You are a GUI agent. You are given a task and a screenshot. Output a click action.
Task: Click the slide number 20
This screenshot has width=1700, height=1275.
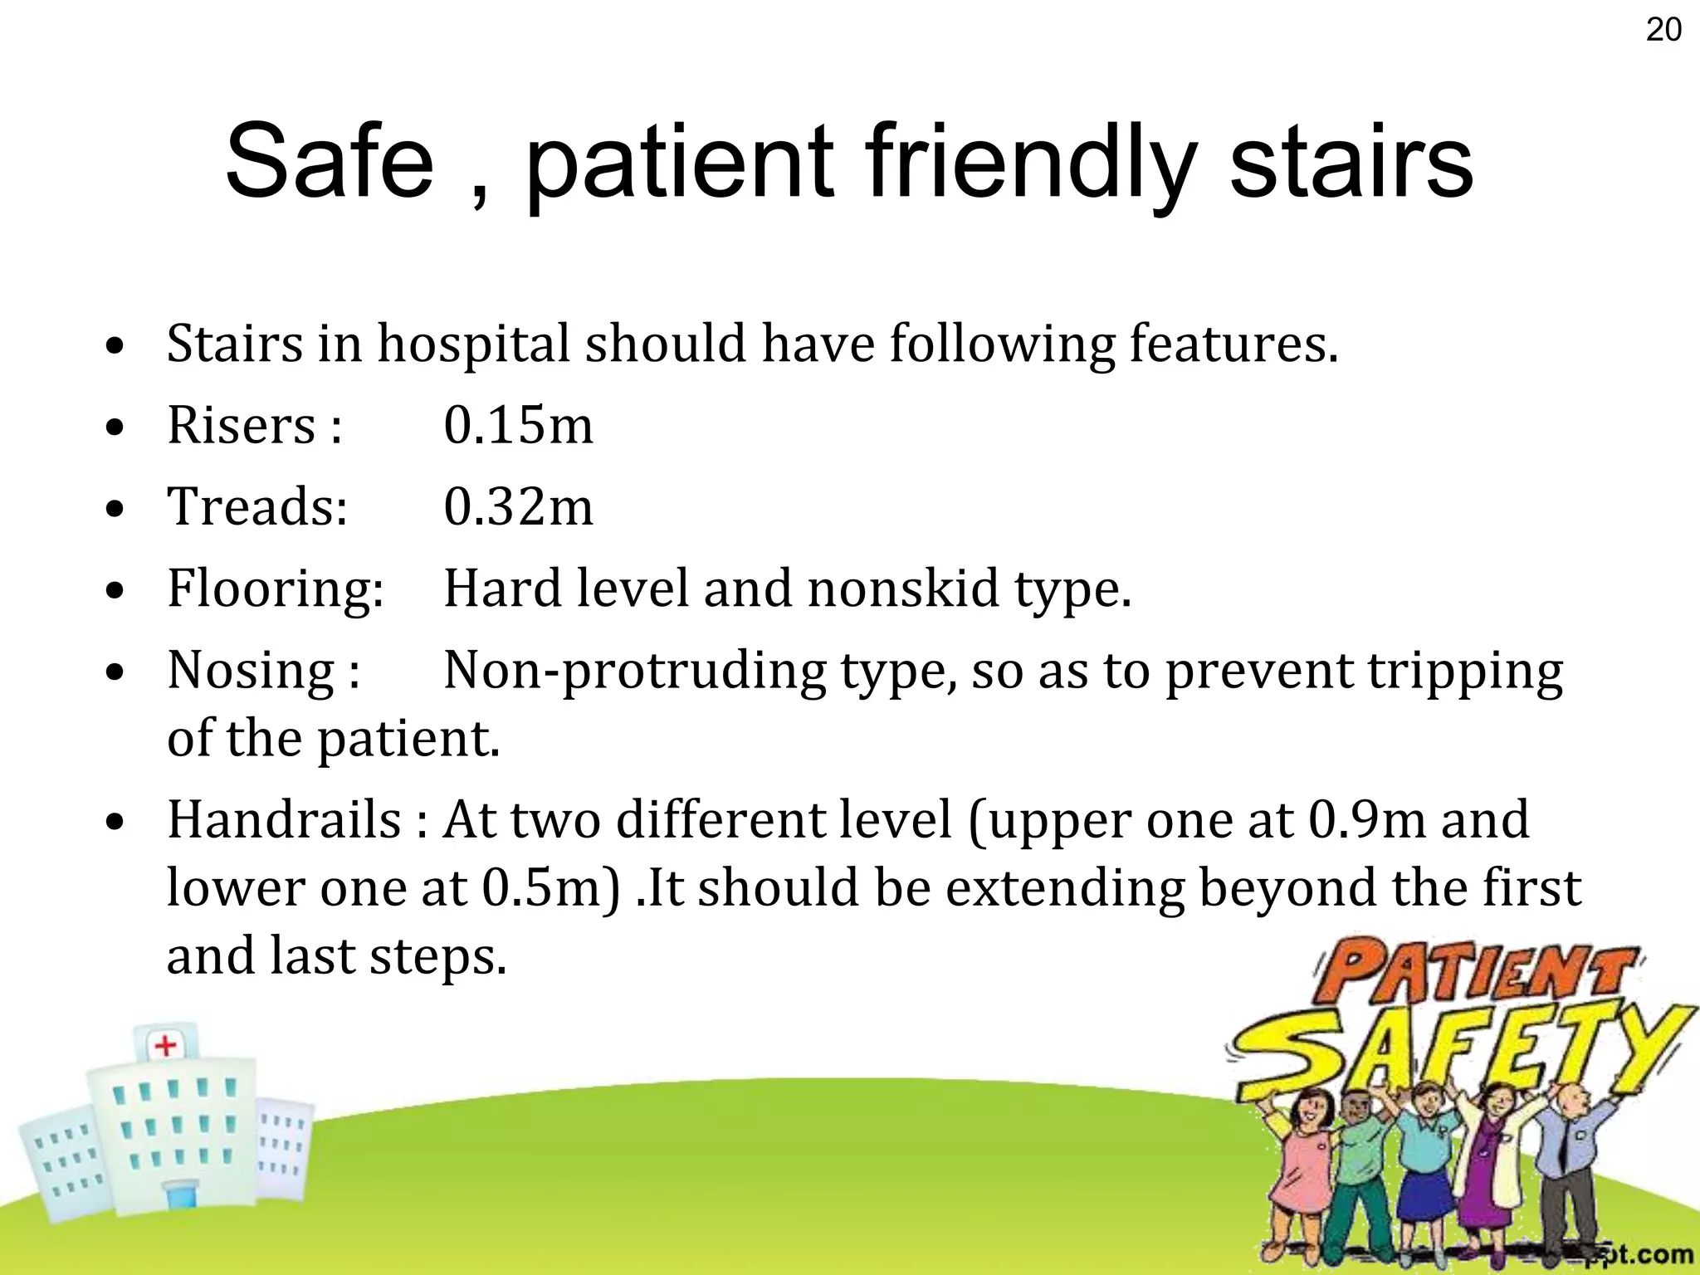click(x=1663, y=30)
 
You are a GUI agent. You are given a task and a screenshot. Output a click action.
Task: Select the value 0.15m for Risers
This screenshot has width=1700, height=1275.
click(x=518, y=426)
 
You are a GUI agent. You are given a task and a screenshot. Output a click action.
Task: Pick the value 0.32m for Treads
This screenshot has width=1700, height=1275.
click(x=518, y=507)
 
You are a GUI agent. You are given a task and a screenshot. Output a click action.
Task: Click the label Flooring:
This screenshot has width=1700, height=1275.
click(x=276, y=589)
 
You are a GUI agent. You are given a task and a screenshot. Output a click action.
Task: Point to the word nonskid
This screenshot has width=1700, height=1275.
click(x=903, y=589)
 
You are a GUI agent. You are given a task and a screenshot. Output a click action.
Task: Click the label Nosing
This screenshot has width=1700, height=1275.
click(x=251, y=671)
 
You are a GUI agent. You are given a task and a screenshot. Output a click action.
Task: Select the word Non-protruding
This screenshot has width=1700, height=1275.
click(x=635, y=671)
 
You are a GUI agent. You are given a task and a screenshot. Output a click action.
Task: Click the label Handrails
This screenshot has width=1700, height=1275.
click(x=285, y=820)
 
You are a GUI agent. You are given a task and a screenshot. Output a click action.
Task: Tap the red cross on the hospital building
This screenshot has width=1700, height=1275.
click(x=166, y=1044)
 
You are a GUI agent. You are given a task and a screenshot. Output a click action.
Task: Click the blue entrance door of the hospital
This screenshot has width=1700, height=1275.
click(x=179, y=1196)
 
